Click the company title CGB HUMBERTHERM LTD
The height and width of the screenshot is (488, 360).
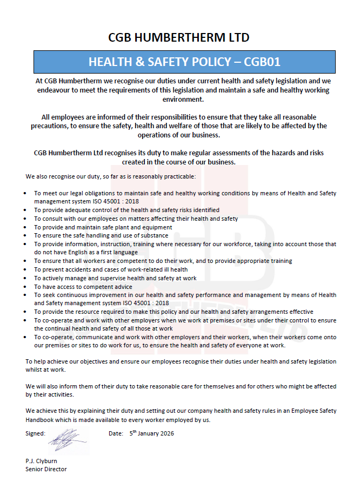coord(179,37)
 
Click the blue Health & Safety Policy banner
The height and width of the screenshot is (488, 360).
coord(184,62)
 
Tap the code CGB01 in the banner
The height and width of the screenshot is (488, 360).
coord(262,62)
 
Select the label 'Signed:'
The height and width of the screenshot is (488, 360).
coord(35,433)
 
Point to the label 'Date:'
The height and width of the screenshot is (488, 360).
coord(116,433)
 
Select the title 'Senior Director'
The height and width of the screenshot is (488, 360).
coord(46,469)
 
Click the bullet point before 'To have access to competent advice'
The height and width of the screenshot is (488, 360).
coord(27,287)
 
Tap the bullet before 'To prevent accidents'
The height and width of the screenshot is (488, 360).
coord(27,270)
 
